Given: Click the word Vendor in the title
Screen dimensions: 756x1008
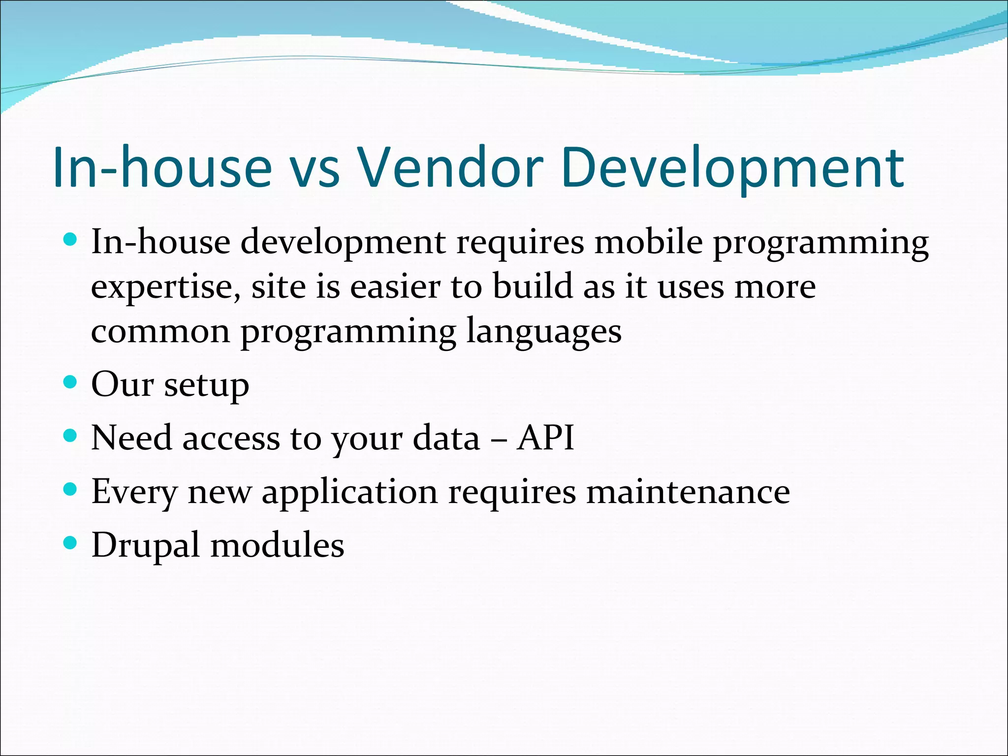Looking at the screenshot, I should [x=450, y=167].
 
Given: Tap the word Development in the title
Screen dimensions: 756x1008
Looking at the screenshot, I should [x=732, y=167].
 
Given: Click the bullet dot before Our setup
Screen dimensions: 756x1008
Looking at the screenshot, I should [x=71, y=382].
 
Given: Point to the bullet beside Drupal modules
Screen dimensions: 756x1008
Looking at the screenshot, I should [x=71, y=543].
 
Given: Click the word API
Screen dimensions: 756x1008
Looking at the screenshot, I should [x=545, y=437].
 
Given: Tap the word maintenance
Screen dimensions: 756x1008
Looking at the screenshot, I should [x=688, y=491].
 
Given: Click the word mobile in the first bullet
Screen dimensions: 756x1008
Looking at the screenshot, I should [x=648, y=242].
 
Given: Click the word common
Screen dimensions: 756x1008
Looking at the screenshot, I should [x=160, y=331].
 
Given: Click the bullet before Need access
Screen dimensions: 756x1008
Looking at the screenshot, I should [x=71, y=436].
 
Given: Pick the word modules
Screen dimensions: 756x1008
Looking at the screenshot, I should [x=277, y=545].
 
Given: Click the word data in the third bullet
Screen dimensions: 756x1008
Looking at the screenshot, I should [x=446, y=437].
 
